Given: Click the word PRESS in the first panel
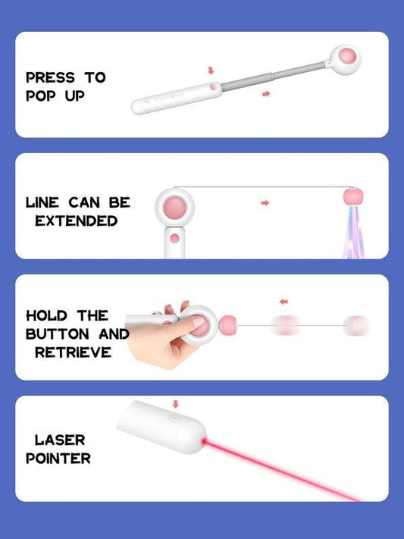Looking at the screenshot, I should point(50,77).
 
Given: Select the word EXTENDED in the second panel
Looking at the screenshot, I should point(76,221).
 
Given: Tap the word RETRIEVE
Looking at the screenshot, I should point(74,352).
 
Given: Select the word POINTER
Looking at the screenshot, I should point(58,458).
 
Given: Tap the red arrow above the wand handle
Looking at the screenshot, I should point(211,71).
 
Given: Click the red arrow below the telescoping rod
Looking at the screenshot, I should point(265,93).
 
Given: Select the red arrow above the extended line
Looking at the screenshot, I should point(265,202).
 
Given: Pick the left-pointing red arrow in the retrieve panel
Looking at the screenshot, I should point(283,302).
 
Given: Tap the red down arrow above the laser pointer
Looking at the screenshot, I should point(175,403).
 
